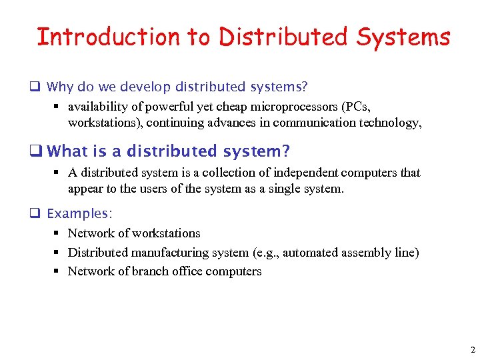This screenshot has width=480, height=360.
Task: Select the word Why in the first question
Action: click(60, 87)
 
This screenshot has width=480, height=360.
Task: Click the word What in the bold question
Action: click(67, 151)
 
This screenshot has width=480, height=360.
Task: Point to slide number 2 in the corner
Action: click(472, 350)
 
